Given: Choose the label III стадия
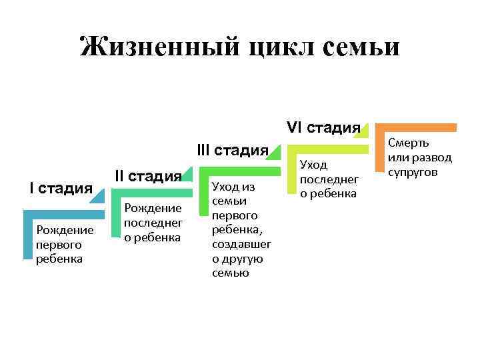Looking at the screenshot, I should coord(233,150).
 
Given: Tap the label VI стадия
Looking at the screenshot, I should coord(323,127).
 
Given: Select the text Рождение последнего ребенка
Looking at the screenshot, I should coord(153,223).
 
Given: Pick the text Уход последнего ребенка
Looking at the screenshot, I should coord(329,179).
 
